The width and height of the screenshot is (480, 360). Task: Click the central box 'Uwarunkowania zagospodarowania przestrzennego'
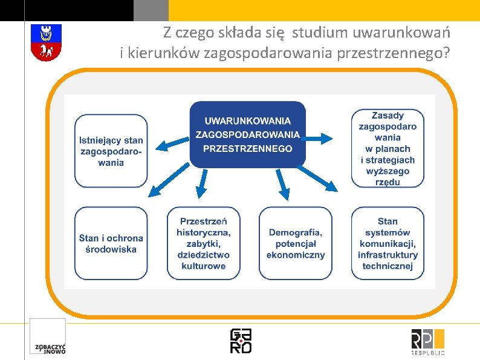pyautogui.click(x=247, y=134)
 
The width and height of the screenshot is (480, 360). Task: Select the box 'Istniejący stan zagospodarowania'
pyautogui.click(x=111, y=151)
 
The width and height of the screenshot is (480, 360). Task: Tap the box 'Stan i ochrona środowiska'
pyautogui.click(x=111, y=243)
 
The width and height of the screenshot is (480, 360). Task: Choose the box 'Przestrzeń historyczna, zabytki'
pyautogui.click(x=203, y=243)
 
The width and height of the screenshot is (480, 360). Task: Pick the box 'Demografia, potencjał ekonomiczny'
pyautogui.click(x=296, y=243)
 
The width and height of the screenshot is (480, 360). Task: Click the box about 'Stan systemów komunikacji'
pyautogui.click(x=388, y=243)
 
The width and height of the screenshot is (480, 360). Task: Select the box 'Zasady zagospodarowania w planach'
pyautogui.click(x=388, y=148)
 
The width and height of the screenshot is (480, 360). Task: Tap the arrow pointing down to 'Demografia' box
pyautogui.click(x=282, y=185)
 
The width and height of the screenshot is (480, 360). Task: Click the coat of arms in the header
pyautogui.click(x=46, y=42)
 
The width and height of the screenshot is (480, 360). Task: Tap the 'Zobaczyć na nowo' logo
pyautogui.click(x=48, y=336)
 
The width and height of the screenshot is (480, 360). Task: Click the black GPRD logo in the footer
pyautogui.click(x=241, y=341)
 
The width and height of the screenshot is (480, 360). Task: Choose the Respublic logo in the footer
pyautogui.click(x=427, y=341)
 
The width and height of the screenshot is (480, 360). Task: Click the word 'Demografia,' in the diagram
pyautogui.click(x=296, y=232)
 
